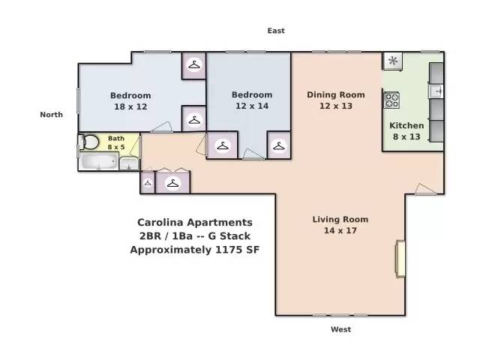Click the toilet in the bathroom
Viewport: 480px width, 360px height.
(x=90, y=142)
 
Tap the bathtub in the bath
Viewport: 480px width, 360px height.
(x=98, y=163)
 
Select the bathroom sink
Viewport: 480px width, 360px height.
(x=129, y=164)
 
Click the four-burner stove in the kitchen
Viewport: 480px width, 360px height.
(x=392, y=100)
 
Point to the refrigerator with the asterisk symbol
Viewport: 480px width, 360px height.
(x=392, y=61)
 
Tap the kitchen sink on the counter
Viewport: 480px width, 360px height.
(x=436, y=91)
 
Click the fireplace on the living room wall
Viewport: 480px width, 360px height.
(x=400, y=259)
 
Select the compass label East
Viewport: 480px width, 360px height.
(x=276, y=31)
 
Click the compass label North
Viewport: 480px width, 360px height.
(x=51, y=115)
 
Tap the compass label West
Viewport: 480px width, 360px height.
(x=340, y=329)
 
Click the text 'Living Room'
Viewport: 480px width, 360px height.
(x=340, y=220)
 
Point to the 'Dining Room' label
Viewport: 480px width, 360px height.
(x=336, y=95)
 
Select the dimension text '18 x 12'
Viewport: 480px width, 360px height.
(x=130, y=106)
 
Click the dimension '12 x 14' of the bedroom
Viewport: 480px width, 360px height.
(x=251, y=106)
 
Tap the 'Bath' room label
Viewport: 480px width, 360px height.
(x=116, y=138)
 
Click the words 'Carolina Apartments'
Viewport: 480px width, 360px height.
(x=194, y=223)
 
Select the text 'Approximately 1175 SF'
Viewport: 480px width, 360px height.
(x=194, y=250)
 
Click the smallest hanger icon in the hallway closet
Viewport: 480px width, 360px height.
(x=148, y=183)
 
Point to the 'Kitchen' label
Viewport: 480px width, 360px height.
(x=406, y=125)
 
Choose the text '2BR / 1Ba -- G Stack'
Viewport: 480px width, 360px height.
(x=194, y=236)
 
